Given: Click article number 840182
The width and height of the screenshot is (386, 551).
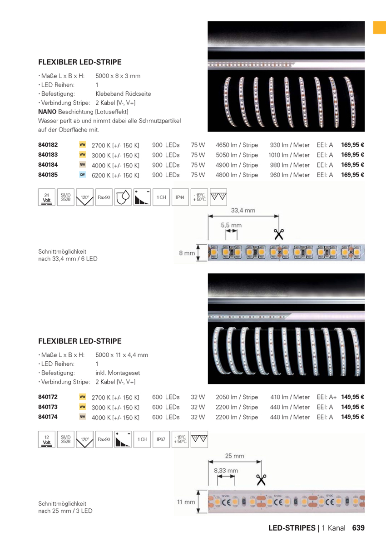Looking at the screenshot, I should pyautogui.click(x=48, y=145).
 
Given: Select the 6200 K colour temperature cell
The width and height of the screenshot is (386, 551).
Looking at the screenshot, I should pyautogui.click(x=115, y=175).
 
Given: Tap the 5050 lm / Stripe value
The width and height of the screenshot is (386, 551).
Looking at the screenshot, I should pyautogui.click(x=237, y=155).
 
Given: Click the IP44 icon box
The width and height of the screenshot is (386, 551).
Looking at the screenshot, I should pyautogui.click(x=180, y=197).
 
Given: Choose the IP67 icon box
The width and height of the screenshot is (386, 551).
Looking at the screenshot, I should pyautogui.click(x=161, y=439).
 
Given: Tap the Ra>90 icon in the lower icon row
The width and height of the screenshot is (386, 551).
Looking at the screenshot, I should pyautogui.click(x=104, y=439).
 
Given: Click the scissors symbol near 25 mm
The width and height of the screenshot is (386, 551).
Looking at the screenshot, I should pyautogui.click(x=262, y=479).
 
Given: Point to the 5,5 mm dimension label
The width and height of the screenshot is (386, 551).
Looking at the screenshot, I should pyautogui.click(x=231, y=225).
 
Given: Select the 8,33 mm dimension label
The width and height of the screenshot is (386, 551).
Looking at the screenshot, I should pyautogui.click(x=226, y=471).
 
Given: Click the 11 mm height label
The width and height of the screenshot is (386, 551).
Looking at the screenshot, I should pyautogui.click(x=186, y=502).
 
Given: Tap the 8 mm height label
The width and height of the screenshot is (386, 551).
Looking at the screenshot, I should pyautogui.click(x=187, y=253).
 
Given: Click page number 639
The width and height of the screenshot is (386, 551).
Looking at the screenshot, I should pyautogui.click(x=358, y=528).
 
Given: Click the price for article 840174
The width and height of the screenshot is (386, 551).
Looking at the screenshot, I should pyautogui.click(x=353, y=417).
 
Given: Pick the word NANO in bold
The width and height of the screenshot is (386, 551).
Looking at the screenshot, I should pyautogui.click(x=47, y=111).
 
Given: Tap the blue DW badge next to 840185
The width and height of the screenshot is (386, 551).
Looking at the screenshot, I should pyautogui.click(x=83, y=175).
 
